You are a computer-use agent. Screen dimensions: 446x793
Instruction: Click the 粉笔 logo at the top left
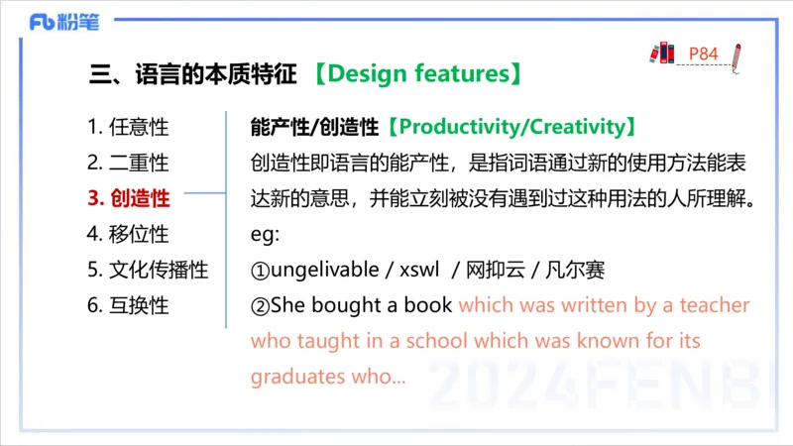tap(63, 22)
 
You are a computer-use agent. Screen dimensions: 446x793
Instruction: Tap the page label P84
tap(703, 54)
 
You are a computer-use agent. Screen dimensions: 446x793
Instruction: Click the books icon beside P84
tap(660, 53)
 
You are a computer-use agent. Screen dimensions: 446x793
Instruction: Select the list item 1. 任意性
tap(127, 128)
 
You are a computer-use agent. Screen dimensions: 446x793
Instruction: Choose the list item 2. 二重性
tap(127, 163)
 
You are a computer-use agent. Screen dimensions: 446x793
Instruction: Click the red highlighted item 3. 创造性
tap(128, 198)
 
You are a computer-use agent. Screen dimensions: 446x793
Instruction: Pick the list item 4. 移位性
tap(127, 234)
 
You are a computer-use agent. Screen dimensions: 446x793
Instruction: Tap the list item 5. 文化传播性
tap(147, 270)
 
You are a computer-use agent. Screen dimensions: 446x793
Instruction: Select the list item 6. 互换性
tap(127, 305)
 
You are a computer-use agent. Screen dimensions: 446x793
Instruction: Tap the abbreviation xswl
tap(420, 270)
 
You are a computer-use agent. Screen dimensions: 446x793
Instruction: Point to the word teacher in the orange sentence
tap(714, 305)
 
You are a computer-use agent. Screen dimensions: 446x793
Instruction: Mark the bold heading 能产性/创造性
tap(316, 128)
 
